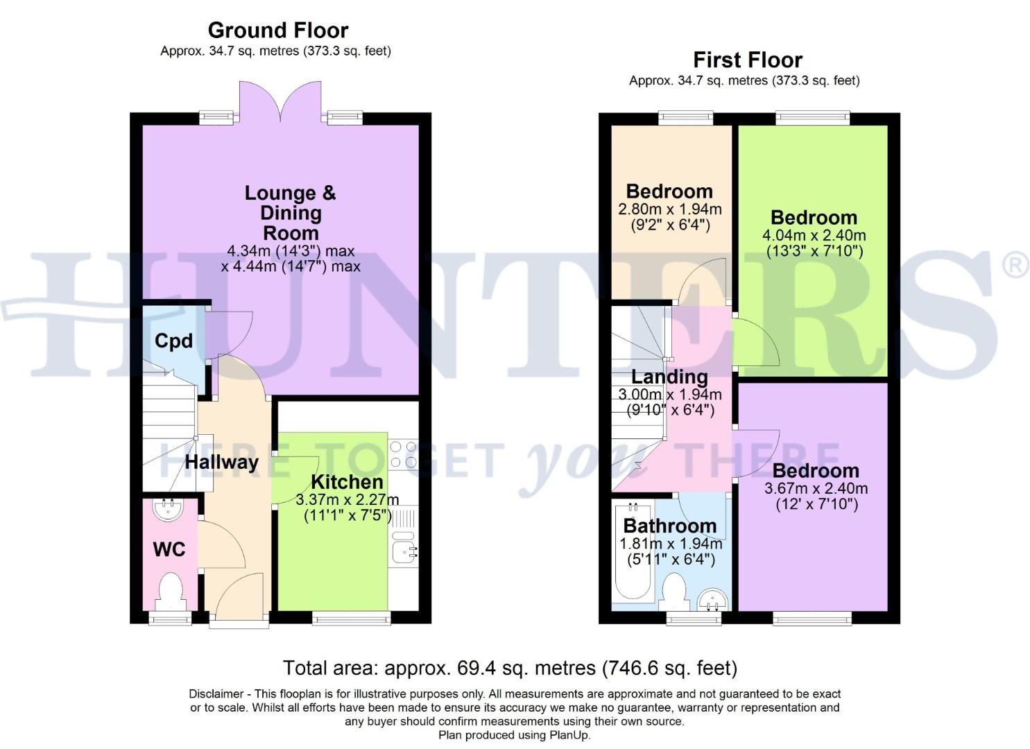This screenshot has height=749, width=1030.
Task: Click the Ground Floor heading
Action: [277, 31]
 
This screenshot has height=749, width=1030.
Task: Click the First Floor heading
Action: [747, 60]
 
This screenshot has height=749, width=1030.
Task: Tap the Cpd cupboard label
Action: [173, 341]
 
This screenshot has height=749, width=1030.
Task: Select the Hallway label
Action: [221, 462]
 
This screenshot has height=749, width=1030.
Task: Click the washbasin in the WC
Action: [169, 511]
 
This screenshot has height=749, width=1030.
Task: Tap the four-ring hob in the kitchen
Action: [403, 454]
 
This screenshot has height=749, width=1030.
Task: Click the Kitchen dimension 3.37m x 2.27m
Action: [347, 500]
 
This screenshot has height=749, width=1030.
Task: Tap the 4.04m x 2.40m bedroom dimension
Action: [814, 236]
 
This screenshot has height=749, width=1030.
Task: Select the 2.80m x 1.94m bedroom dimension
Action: [669, 209]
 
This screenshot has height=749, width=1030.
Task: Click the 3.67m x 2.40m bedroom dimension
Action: [816, 489]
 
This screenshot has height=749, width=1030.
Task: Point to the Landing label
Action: [669, 377]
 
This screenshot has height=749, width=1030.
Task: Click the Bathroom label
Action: [669, 526]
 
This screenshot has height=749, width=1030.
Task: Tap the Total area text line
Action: [510, 668]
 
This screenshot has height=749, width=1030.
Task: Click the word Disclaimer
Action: [215, 694]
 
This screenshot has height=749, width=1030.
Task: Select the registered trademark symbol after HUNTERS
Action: [1015, 266]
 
